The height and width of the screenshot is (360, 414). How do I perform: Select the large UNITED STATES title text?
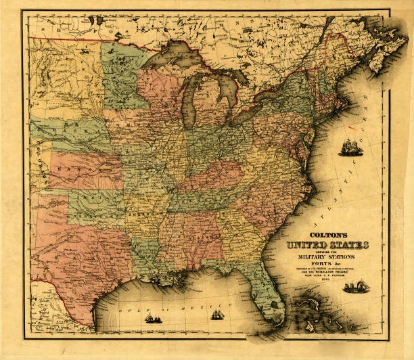click(x=328, y=243)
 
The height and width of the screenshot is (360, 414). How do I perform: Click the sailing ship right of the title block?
click(x=356, y=287)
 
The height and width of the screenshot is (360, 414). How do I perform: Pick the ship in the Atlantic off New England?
click(x=350, y=148)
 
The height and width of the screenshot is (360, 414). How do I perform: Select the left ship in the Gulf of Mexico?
click(x=154, y=317)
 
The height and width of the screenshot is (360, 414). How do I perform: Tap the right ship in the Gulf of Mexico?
click(x=216, y=315)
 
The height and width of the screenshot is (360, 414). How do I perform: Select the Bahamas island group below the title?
click(x=318, y=311)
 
